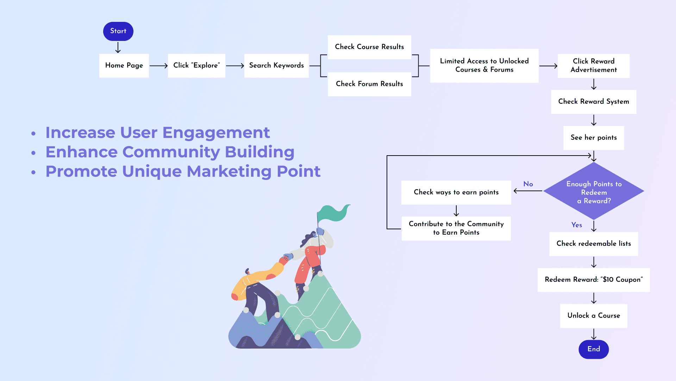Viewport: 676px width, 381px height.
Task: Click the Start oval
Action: point(118,31)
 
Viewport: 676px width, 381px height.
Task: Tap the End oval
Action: point(594,349)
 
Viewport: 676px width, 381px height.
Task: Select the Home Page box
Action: point(124,66)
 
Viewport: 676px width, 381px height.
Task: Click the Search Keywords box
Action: point(276,66)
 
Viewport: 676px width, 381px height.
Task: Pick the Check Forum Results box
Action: point(369,84)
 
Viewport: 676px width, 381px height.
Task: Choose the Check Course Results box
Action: point(369,47)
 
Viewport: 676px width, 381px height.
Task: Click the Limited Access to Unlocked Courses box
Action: point(484,66)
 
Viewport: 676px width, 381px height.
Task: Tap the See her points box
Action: point(594,138)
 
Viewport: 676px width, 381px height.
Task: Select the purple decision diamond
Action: point(594,191)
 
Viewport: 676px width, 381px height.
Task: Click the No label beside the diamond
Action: point(528,184)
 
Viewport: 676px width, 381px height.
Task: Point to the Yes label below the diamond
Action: point(577,225)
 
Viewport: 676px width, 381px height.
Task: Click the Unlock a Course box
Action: point(594,316)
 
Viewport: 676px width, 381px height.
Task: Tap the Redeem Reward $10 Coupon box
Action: point(594,280)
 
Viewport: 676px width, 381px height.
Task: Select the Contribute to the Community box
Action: point(456,228)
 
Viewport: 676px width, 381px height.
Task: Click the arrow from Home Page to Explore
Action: point(158,66)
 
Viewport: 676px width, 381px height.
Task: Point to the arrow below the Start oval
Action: point(118,47)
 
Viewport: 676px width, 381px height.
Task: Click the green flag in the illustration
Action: point(333,212)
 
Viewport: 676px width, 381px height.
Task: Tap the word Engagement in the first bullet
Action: point(216,133)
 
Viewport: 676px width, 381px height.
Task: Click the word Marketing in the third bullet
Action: point(229,171)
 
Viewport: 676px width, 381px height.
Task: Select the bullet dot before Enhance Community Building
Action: point(33,153)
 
